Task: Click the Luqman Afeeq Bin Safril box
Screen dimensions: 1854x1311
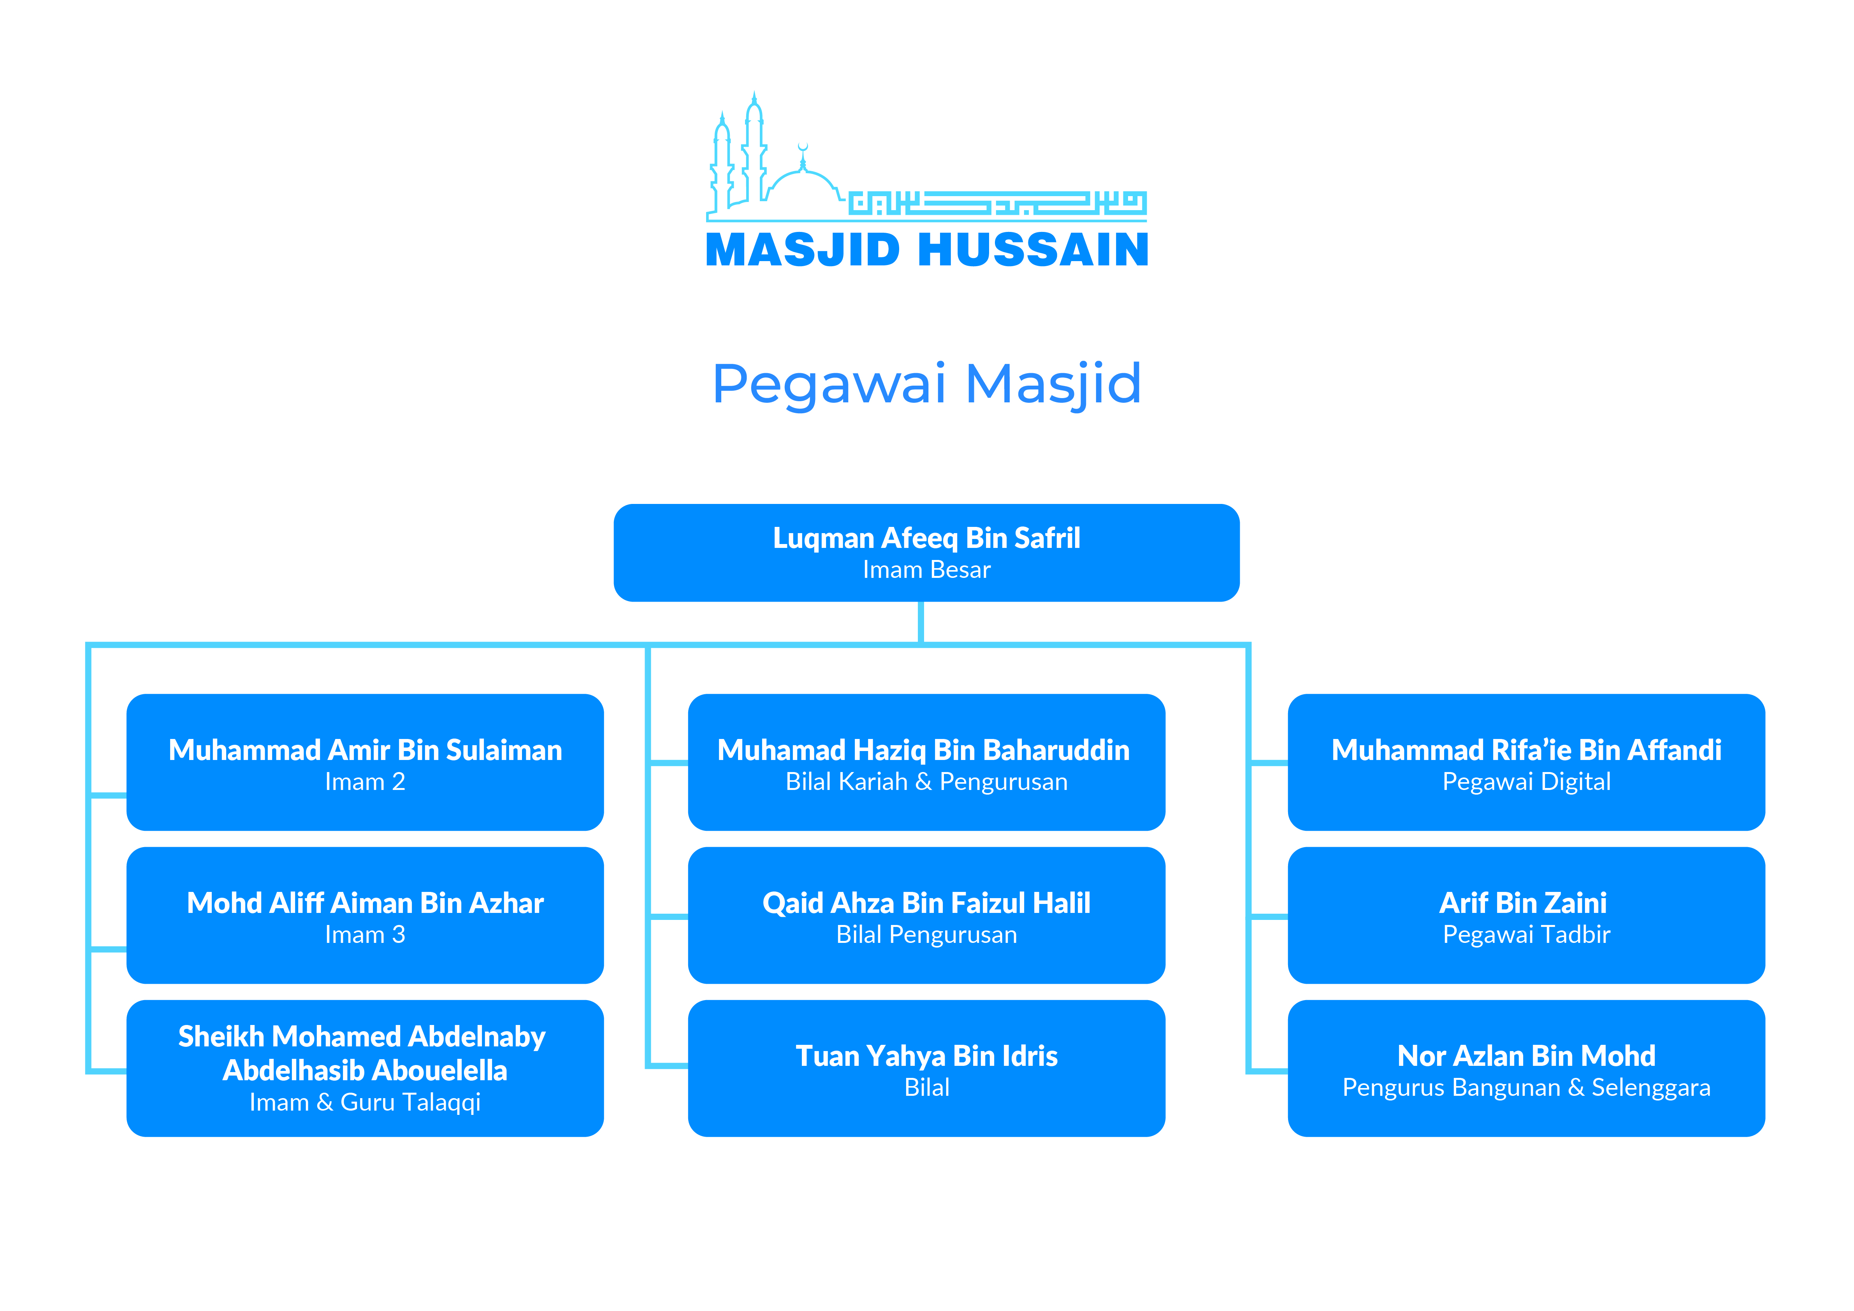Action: pos(926,553)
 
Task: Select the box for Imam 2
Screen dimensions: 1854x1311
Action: pos(365,762)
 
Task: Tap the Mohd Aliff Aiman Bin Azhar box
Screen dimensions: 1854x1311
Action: pos(365,915)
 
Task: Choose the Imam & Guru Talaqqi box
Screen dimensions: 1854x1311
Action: pos(365,1068)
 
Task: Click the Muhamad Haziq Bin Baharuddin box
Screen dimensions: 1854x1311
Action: pos(926,762)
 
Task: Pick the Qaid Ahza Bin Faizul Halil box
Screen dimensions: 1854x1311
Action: pos(926,915)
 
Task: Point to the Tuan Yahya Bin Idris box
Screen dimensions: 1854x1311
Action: pos(926,1068)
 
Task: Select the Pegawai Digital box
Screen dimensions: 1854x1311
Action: pos(1526,762)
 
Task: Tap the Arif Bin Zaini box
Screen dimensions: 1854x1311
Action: pos(1526,915)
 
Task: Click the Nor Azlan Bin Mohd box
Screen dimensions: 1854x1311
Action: pos(1526,1068)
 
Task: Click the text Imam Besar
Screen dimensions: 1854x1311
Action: pos(926,570)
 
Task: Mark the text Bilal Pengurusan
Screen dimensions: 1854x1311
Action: pos(926,935)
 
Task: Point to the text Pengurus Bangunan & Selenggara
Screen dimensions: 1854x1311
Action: pos(1526,1087)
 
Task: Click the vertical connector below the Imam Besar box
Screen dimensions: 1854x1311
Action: pos(921,622)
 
